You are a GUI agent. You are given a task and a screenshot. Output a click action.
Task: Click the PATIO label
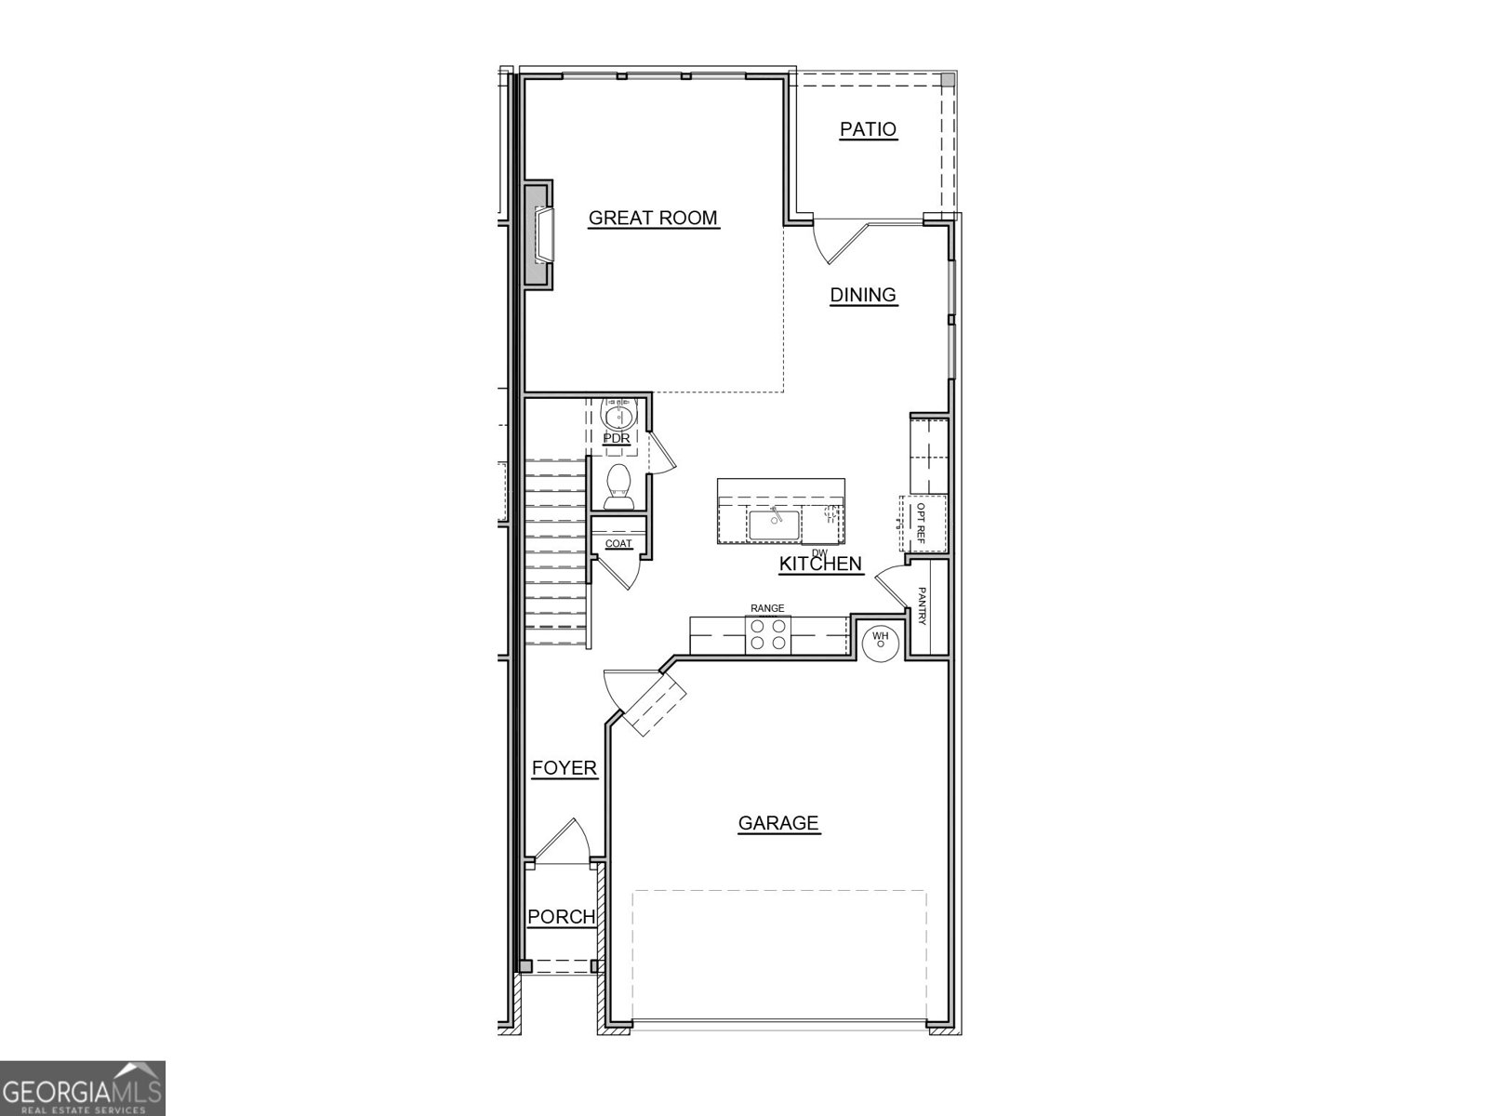coord(868,129)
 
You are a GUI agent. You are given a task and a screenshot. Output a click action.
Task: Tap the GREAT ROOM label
coord(653,218)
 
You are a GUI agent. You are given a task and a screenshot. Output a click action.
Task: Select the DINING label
coord(863,295)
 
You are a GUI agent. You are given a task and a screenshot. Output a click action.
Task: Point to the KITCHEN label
coord(820,564)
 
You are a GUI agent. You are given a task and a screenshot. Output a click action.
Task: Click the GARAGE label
coord(778,823)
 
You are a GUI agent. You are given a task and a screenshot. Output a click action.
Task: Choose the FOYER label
coord(564,768)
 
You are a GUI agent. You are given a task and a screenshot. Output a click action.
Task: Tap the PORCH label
coord(561,917)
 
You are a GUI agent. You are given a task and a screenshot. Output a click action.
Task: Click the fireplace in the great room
coord(540,236)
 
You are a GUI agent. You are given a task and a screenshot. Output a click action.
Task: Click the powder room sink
coord(617,413)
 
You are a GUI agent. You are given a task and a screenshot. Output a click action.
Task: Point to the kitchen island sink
coord(774,525)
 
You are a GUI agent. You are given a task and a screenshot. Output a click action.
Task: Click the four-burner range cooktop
coord(768,635)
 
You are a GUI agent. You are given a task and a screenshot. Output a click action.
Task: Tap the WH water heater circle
coord(880,641)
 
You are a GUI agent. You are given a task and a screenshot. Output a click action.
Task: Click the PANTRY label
coord(922,606)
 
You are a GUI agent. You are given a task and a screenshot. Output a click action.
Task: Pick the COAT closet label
coord(618,544)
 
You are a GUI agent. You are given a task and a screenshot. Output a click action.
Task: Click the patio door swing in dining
coord(837,240)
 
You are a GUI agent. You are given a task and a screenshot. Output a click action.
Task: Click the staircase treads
coord(554,558)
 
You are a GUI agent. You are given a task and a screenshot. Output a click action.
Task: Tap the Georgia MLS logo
coord(82,1087)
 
